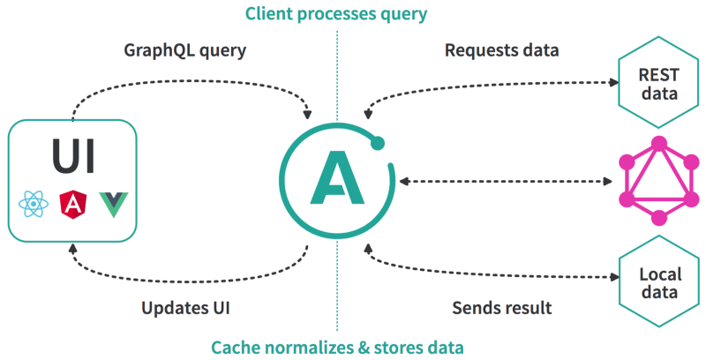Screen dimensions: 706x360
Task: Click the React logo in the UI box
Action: click(34, 205)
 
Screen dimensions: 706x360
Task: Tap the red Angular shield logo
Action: click(73, 205)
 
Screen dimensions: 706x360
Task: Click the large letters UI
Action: click(73, 155)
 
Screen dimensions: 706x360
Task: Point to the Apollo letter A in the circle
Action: click(337, 177)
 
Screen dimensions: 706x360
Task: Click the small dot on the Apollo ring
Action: click(378, 143)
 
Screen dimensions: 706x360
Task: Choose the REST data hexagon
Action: click(658, 84)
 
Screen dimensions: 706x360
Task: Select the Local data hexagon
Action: click(659, 282)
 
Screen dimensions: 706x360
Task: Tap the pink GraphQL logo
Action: click(659, 181)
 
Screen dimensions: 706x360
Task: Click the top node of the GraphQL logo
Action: click(659, 144)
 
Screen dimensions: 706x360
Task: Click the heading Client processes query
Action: click(336, 14)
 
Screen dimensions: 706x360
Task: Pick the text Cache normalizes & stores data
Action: click(337, 348)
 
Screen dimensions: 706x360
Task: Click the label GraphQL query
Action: click(185, 50)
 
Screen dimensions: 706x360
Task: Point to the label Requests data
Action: click(501, 50)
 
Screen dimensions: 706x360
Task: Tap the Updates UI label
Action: click(185, 308)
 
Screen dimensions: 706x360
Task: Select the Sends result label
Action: click(501, 308)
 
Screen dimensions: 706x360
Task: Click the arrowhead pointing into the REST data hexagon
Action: click(613, 82)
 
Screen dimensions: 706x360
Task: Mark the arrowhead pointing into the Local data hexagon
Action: click(614, 277)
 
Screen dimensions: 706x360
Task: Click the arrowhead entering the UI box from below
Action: click(72, 249)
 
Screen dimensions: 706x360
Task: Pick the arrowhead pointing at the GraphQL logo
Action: click(607, 182)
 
